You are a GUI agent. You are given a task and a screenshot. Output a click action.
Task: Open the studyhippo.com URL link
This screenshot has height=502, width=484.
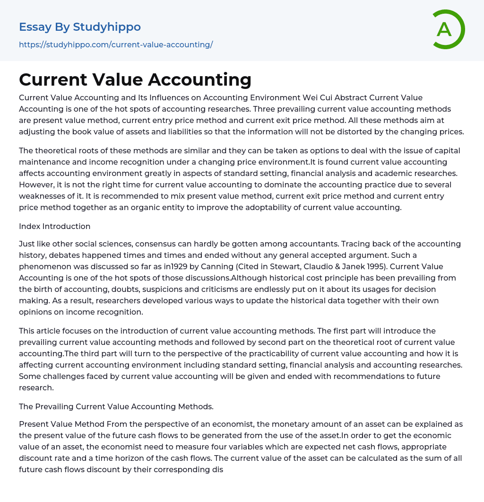coord(116,44)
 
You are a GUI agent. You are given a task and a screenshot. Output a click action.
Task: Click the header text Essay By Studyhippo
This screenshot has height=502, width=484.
coord(80,27)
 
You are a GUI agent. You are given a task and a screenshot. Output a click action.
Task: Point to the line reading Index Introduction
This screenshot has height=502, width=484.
coord(54,226)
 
